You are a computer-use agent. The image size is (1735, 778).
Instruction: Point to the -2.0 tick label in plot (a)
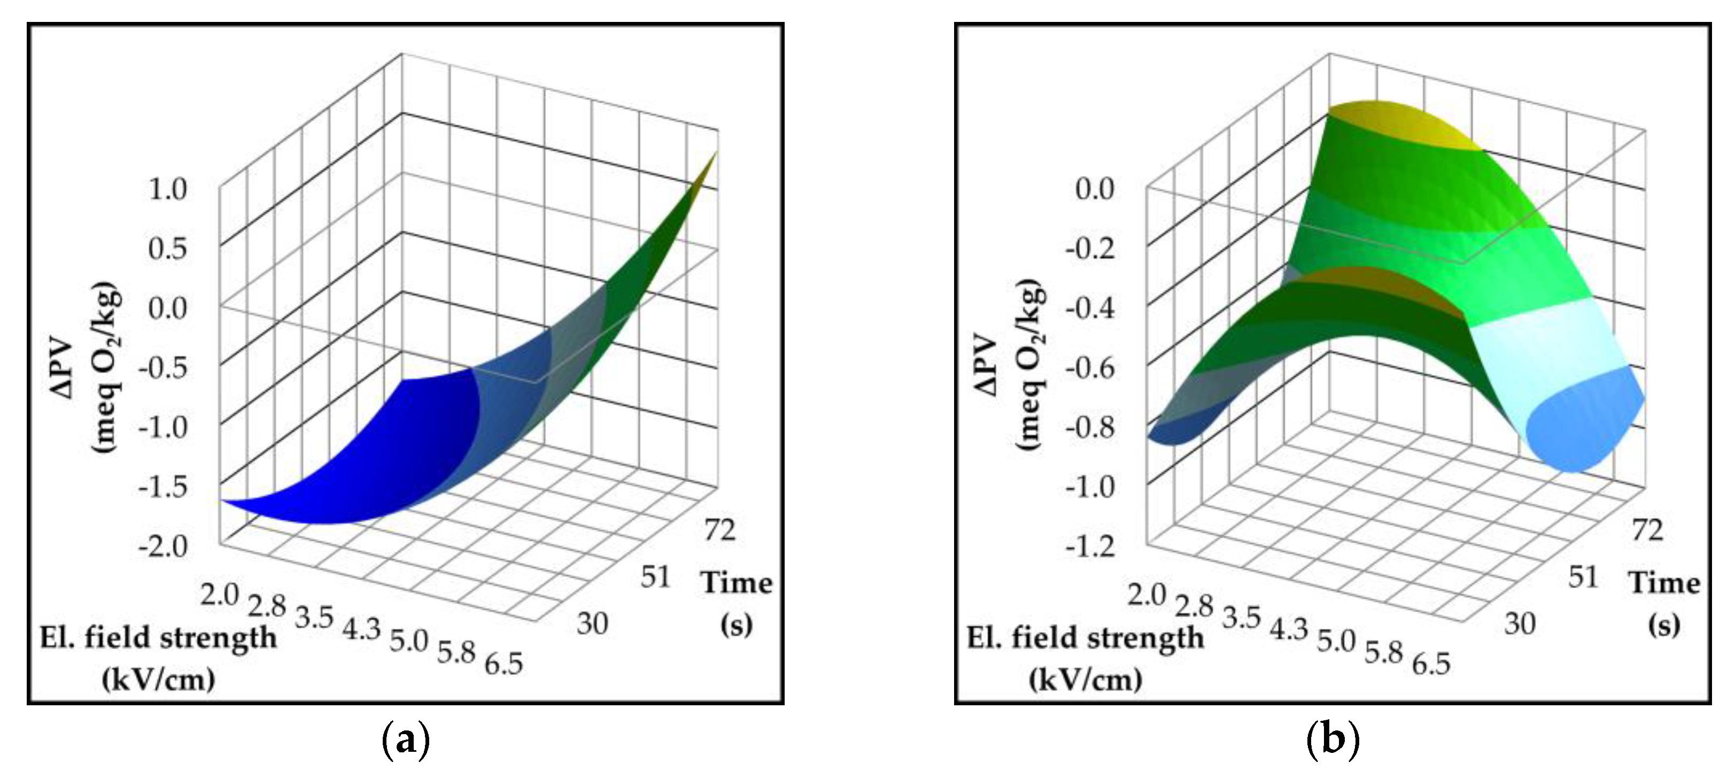[x=162, y=545]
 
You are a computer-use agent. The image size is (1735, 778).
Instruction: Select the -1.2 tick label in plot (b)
[x=1090, y=545]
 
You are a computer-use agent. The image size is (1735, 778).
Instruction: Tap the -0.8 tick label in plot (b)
[x=1090, y=427]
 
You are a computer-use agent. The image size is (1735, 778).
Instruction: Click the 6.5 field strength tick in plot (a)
[x=503, y=664]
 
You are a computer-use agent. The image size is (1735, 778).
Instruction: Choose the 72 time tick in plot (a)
[x=719, y=530]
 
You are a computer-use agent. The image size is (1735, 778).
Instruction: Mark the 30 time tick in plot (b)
[x=1520, y=624]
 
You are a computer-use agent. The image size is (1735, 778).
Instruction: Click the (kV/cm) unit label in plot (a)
[x=158, y=680]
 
